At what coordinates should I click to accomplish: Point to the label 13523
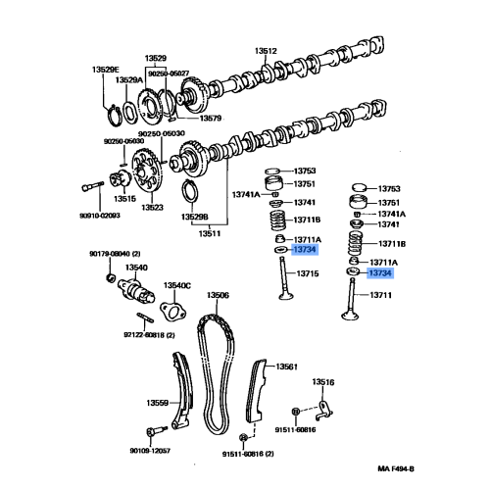pyautogui.click(x=152, y=207)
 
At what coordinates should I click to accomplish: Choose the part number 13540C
pyautogui.click(x=177, y=286)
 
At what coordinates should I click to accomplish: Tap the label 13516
pyautogui.click(x=323, y=382)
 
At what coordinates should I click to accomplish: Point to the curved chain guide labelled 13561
pyautogui.click(x=257, y=392)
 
